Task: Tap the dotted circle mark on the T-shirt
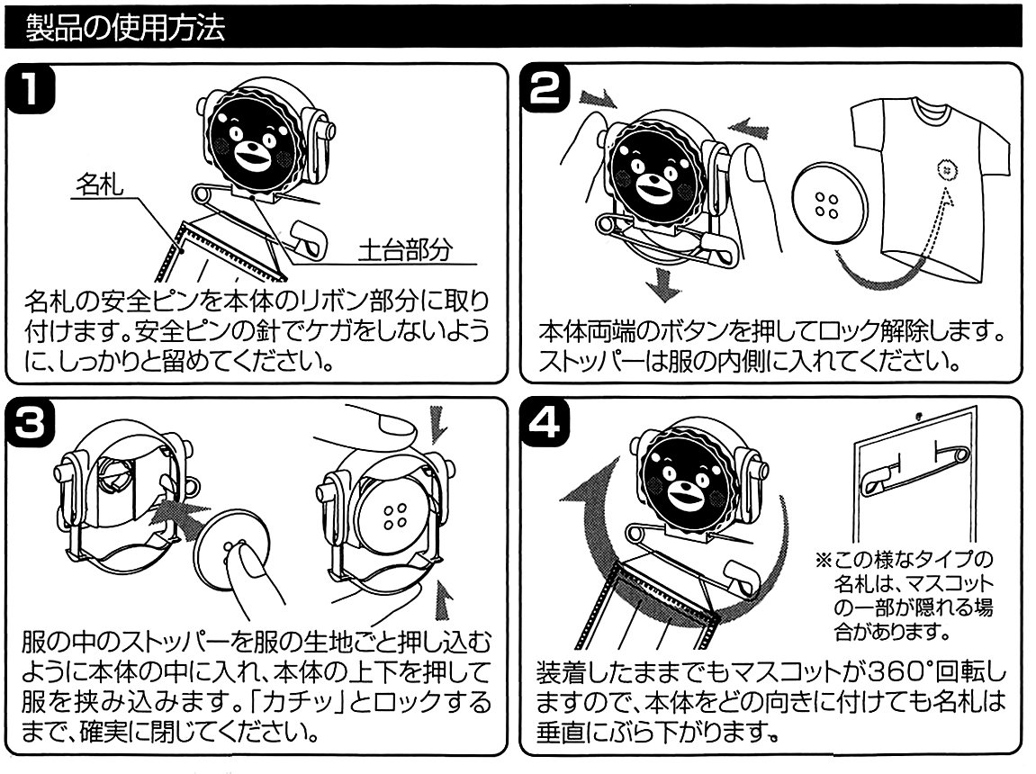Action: (x=945, y=168)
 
